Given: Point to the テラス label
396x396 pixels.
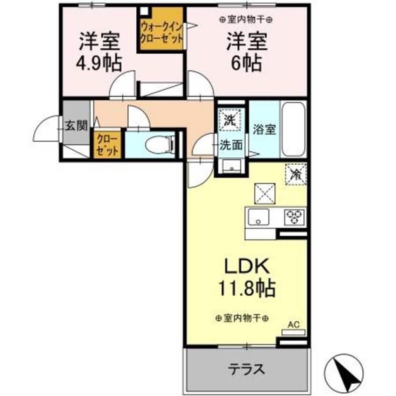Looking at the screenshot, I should point(246,369).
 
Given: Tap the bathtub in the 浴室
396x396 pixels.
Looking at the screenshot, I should point(293,130).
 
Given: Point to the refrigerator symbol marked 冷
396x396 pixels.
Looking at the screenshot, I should point(296,174).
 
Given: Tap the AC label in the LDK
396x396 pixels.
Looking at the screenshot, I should point(293,324).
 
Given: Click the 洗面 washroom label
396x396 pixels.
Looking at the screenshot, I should point(231,145).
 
